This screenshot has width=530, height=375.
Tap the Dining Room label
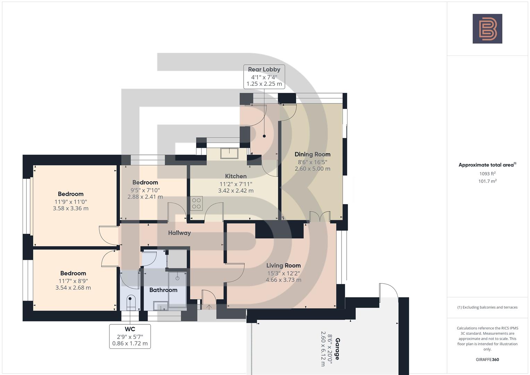coord(312,155)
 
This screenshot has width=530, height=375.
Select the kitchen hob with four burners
coord(196,203)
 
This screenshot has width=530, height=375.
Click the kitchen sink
coord(229,153)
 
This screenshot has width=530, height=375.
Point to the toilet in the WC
coord(131,302)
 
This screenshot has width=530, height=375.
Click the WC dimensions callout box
coord(130,336)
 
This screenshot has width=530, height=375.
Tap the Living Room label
coord(283,266)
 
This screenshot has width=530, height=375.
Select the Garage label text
coord(337,349)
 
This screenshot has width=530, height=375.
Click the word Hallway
coord(179,233)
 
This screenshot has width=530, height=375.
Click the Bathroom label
coord(163,290)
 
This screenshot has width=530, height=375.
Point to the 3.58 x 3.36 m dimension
coord(70,209)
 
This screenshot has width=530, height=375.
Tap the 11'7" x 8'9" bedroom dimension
coord(73,281)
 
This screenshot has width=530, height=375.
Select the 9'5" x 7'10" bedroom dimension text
coord(145,190)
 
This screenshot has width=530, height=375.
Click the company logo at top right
coord(487,29)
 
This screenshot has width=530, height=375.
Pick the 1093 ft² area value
coord(487,174)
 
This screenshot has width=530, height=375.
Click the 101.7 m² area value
coord(487,181)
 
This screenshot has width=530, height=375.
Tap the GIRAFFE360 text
coord(487,360)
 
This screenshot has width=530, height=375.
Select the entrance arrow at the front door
coord(209,307)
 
